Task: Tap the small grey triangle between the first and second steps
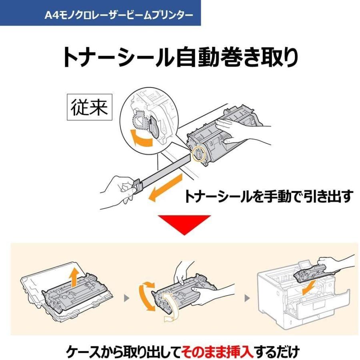click(x=127, y=298)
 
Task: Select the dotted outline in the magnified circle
click(x=140, y=119)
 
